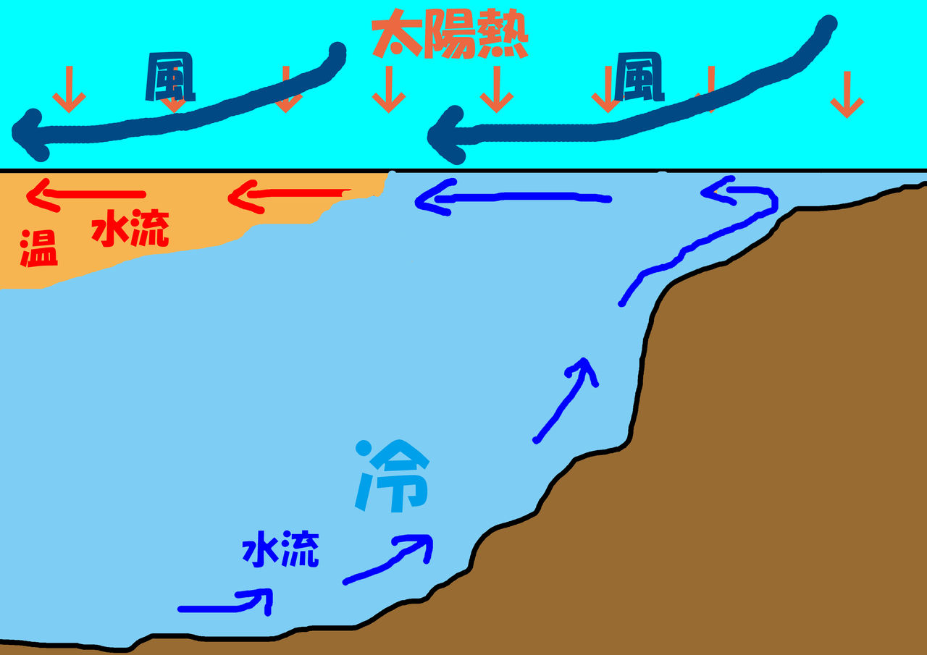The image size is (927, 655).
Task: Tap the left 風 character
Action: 170,78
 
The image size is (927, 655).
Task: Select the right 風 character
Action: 639,78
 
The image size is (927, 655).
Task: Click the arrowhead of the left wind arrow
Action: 29,135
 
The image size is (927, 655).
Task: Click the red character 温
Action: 38,248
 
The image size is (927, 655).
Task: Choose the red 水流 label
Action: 130,229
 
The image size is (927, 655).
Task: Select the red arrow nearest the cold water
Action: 290,195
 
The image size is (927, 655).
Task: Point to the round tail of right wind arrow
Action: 826,25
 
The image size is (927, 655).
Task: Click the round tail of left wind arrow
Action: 337,52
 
